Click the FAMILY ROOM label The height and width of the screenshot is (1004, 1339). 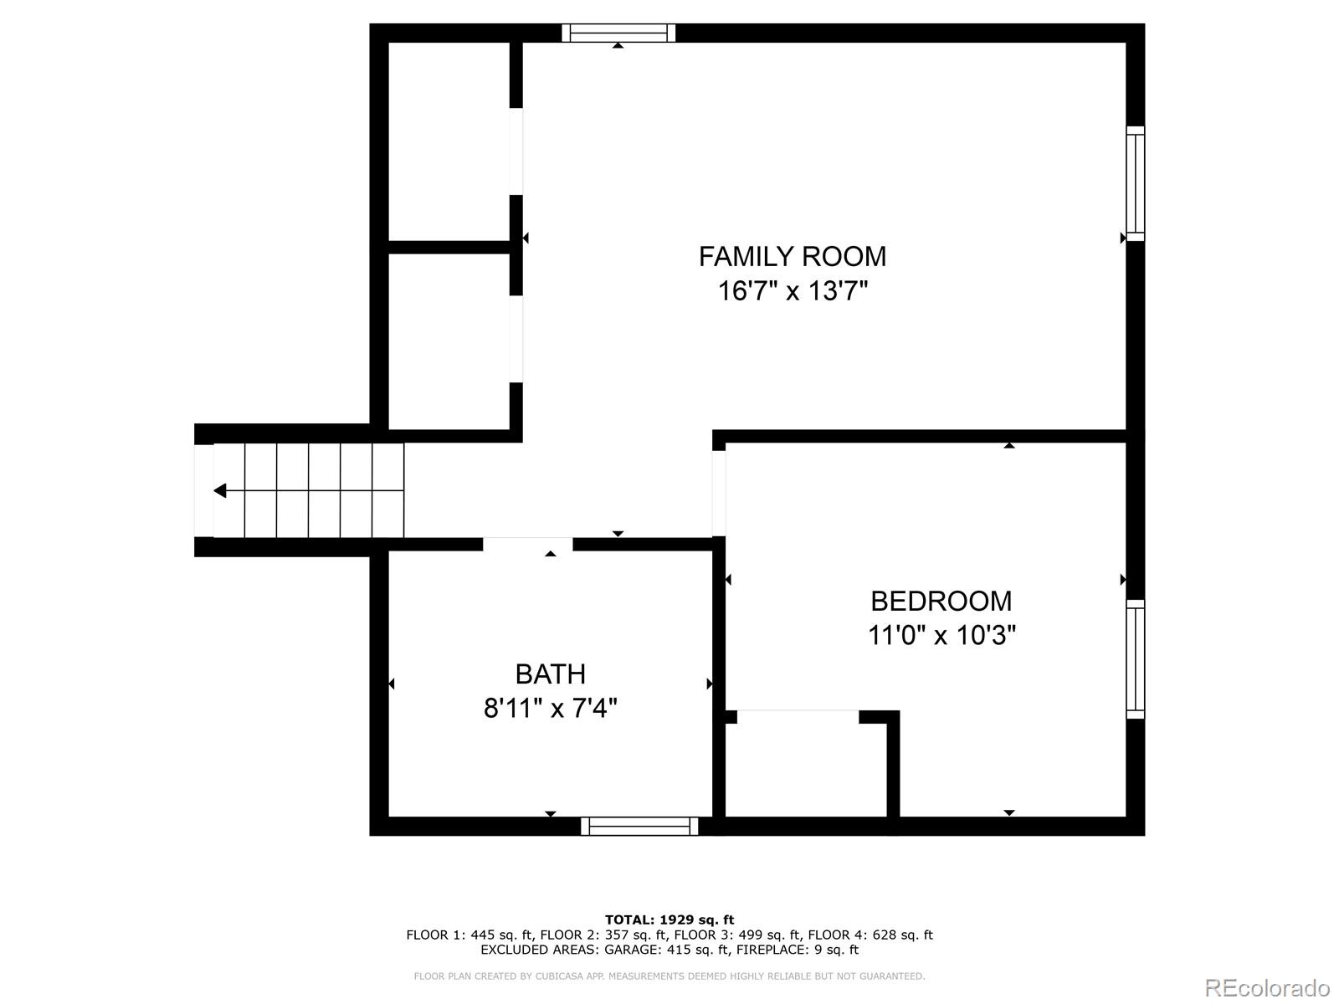pyautogui.click(x=792, y=256)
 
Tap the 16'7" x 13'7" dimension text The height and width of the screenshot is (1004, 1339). pyautogui.click(x=792, y=291)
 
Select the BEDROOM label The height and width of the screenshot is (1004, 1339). pyautogui.click(x=941, y=601)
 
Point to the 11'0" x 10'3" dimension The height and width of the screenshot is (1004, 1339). pyautogui.click(x=941, y=636)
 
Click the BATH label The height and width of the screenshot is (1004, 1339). pyautogui.click(x=550, y=674)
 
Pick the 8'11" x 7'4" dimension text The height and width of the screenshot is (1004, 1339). pyautogui.click(x=550, y=709)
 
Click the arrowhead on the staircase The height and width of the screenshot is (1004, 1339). pyautogui.click(x=220, y=490)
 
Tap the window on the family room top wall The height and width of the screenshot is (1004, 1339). pyautogui.click(x=618, y=33)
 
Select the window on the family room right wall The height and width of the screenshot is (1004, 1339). pyautogui.click(x=1135, y=183)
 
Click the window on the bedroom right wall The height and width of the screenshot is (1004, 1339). pyautogui.click(x=1135, y=658)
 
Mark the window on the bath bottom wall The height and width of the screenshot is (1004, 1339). pyautogui.click(x=639, y=827)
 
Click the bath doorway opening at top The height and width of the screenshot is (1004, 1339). pyautogui.click(x=527, y=544)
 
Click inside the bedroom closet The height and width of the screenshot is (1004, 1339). pyautogui.click(x=805, y=766)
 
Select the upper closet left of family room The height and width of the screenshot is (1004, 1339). pyautogui.click(x=449, y=142)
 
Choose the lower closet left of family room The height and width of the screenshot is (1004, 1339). pyautogui.click(x=449, y=341)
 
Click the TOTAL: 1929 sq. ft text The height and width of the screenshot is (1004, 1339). pyautogui.click(x=669, y=919)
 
